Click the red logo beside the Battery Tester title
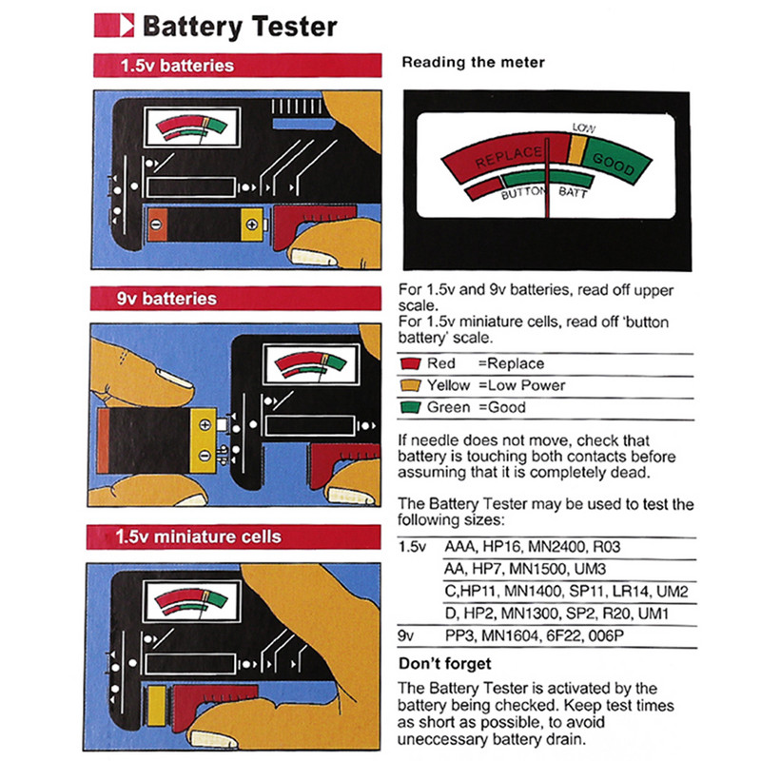[115, 25]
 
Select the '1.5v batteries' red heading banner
[236, 67]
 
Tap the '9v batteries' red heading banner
[236, 299]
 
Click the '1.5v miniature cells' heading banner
[236, 537]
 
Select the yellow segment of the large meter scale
[576, 147]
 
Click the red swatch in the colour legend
[411, 363]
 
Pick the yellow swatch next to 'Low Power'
[411, 385]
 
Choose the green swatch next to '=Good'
[411, 407]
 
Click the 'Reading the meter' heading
[473, 63]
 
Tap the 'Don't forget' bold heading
[444, 663]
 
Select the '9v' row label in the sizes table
[408, 635]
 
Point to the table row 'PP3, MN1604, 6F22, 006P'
[533, 635]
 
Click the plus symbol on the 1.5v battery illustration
[251, 224]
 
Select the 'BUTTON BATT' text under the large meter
[546, 193]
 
